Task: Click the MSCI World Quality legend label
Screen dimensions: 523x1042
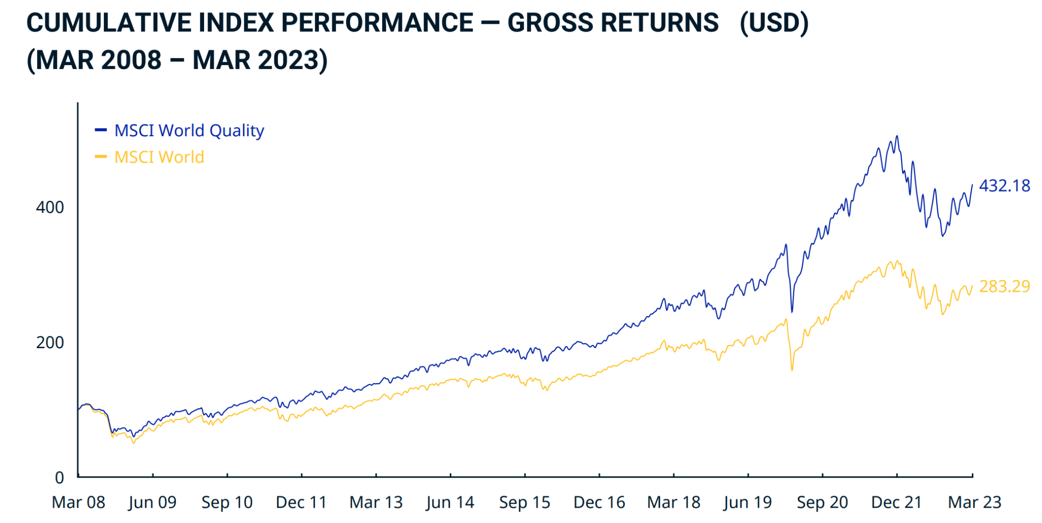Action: click(189, 131)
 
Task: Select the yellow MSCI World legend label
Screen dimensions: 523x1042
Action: click(159, 157)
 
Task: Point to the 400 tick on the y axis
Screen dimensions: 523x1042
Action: click(50, 207)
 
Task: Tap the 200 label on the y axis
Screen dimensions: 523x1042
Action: click(50, 343)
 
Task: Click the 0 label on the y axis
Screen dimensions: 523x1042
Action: click(60, 478)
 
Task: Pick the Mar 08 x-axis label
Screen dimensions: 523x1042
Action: click(78, 503)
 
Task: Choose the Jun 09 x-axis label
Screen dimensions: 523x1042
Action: click(153, 503)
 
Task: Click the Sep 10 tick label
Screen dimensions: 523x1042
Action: click(227, 503)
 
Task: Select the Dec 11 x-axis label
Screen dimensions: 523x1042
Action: click(301, 503)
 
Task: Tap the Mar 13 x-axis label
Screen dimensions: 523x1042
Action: click(376, 503)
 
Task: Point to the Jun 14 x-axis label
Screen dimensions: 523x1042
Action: click(450, 503)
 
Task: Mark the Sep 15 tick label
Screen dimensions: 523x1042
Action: click(525, 503)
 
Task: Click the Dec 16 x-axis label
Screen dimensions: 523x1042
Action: click(599, 503)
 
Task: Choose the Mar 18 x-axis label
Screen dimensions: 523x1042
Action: click(674, 503)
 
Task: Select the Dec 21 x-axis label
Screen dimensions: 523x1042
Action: click(896, 503)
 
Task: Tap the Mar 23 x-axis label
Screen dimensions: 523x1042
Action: click(974, 503)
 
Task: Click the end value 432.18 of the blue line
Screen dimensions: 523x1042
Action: click(1004, 186)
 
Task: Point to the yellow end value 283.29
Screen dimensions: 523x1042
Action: click(1004, 287)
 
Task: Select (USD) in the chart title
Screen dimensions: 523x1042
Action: click(774, 23)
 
